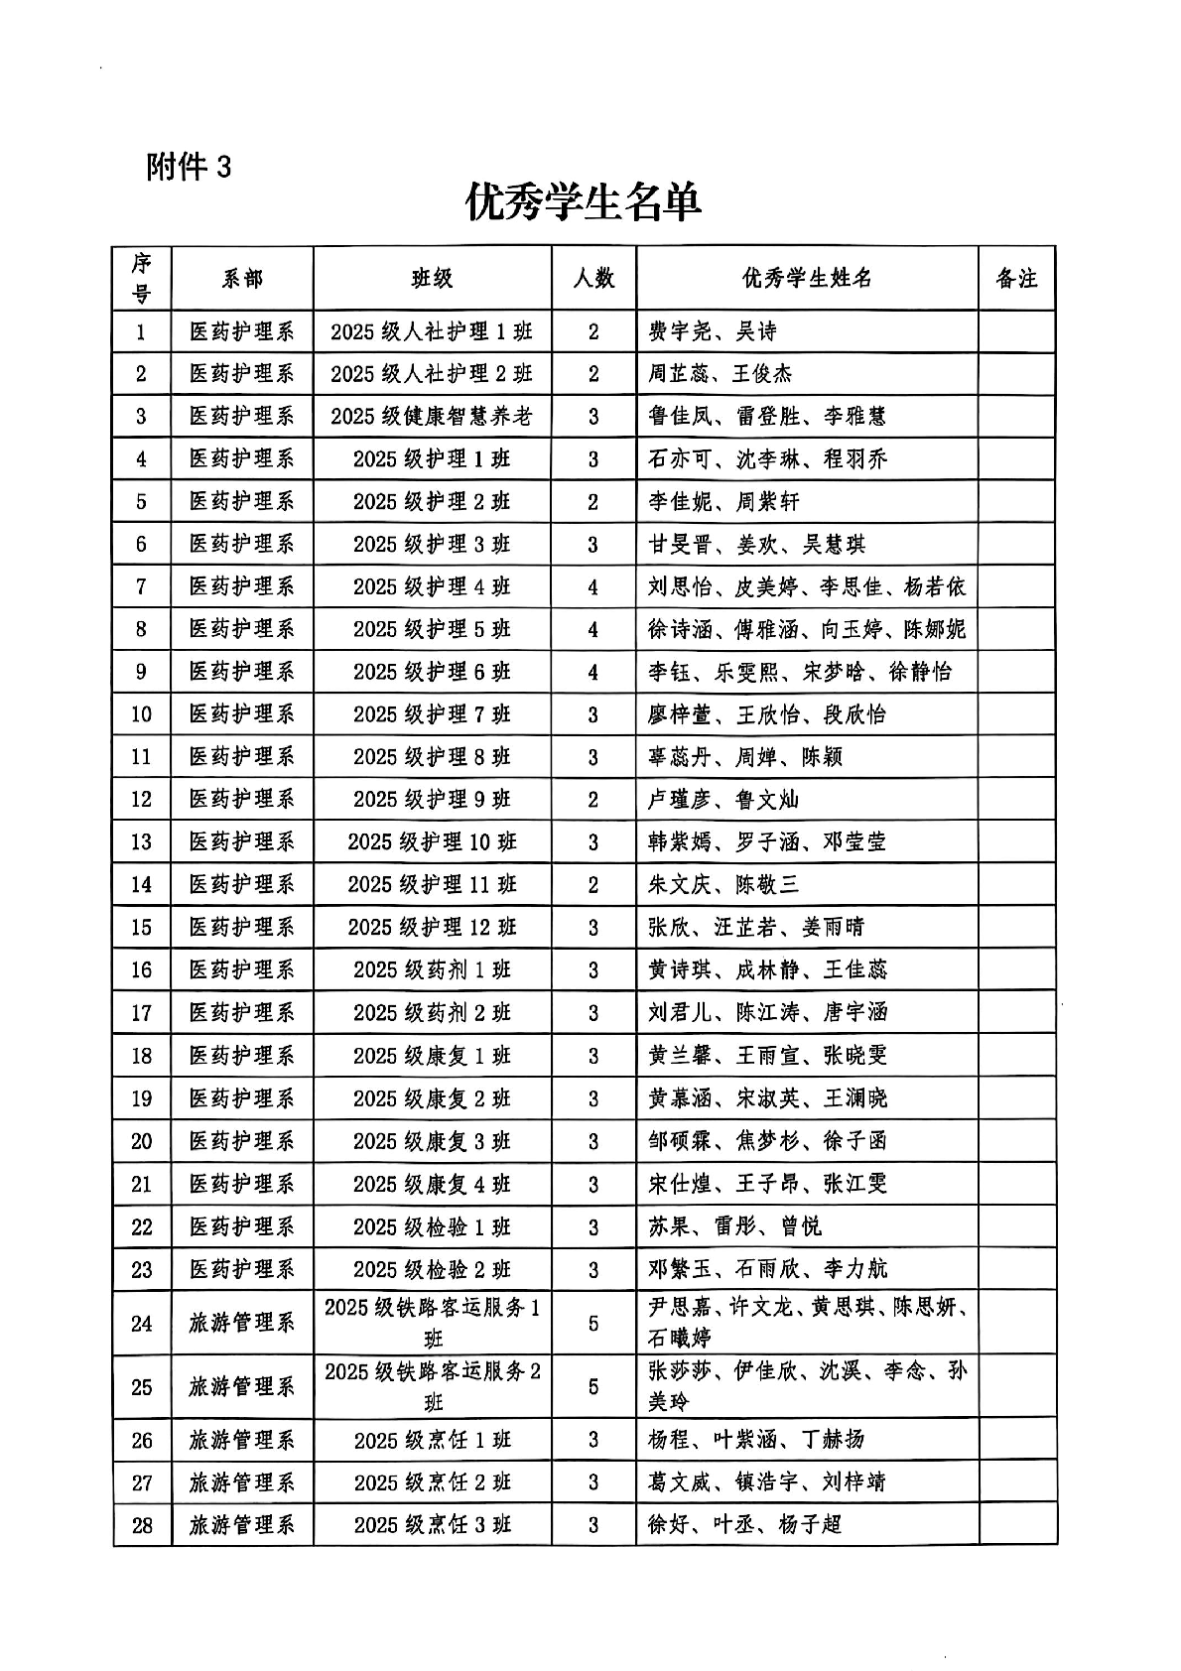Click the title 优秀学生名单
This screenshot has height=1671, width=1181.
click(x=584, y=203)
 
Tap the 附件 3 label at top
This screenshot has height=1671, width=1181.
click(x=189, y=167)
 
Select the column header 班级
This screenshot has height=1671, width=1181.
click(x=432, y=279)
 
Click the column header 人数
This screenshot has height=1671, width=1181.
click(x=593, y=279)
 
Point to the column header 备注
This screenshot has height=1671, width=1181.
click(x=1016, y=279)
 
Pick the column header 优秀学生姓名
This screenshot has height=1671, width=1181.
click(x=807, y=279)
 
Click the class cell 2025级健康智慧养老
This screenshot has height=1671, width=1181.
click(x=432, y=417)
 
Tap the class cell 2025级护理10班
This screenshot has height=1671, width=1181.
click(x=432, y=842)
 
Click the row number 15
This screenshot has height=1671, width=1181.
click(x=142, y=928)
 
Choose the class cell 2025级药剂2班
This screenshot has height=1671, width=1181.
click(x=432, y=1013)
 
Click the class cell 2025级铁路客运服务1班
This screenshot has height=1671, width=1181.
click(x=432, y=1323)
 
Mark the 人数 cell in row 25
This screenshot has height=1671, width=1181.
click(x=593, y=1387)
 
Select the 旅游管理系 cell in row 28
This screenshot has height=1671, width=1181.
click(x=242, y=1525)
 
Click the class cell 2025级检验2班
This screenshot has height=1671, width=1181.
click(x=432, y=1270)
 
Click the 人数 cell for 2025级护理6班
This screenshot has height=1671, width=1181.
click(x=593, y=672)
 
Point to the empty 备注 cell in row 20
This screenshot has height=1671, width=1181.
click(x=1016, y=1141)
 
